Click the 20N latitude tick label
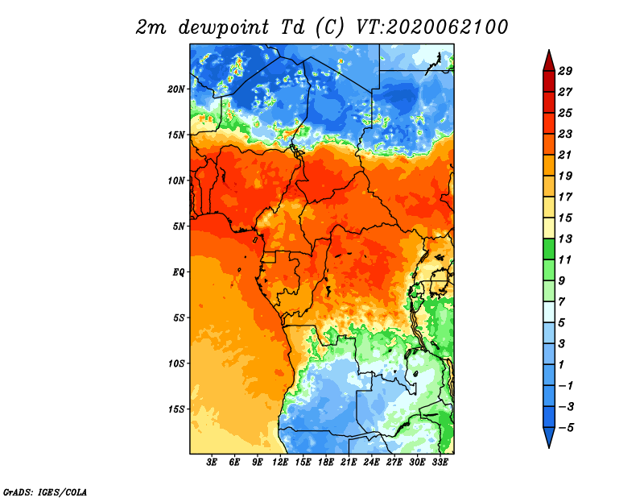(x=175, y=89)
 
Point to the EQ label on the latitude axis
(x=178, y=272)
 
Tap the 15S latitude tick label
(x=175, y=409)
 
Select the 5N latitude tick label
(x=179, y=226)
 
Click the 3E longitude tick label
(x=212, y=462)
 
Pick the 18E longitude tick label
(x=326, y=462)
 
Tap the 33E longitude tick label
(x=440, y=462)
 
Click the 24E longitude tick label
(x=371, y=462)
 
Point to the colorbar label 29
(x=565, y=71)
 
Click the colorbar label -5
(x=566, y=428)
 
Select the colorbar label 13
(x=565, y=239)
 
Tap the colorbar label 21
(x=565, y=155)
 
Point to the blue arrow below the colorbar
(x=549, y=437)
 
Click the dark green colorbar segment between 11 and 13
(x=549, y=249)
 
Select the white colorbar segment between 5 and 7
(x=549, y=312)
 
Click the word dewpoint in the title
(x=224, y=28)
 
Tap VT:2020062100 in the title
(x=431, y=27)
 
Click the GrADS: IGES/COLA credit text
(x=45, y=492)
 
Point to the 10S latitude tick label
(x=175, y=363)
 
